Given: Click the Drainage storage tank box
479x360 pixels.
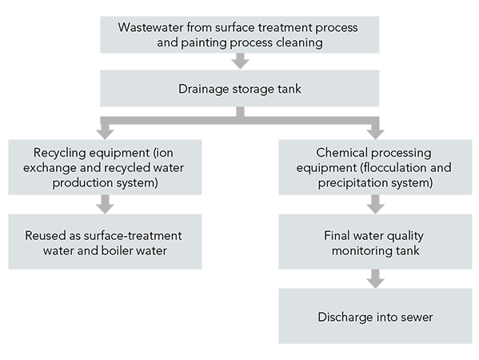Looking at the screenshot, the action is pos(240,88).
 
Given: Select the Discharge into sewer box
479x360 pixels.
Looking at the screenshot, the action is pos(375,316).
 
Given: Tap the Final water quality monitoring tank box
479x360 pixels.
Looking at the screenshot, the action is pos(375,242).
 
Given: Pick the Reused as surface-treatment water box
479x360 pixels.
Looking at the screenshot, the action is pos(105,242).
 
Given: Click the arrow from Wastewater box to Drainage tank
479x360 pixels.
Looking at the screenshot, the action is pos(240,61).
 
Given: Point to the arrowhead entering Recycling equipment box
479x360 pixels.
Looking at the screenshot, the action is pos(105,134).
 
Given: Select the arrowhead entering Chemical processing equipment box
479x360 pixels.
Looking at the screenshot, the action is pos(375,134).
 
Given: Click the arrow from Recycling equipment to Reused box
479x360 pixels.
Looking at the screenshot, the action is pos(105,205).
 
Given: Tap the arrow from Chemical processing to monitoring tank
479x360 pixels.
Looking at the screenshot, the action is pos(375,205).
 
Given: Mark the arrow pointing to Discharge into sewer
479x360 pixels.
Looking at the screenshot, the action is pos(375,278).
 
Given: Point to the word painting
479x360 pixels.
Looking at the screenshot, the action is pos(204,43).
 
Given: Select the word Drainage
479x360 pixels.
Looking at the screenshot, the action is pos(204,90).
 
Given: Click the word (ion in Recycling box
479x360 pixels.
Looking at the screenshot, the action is pos(163,153).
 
